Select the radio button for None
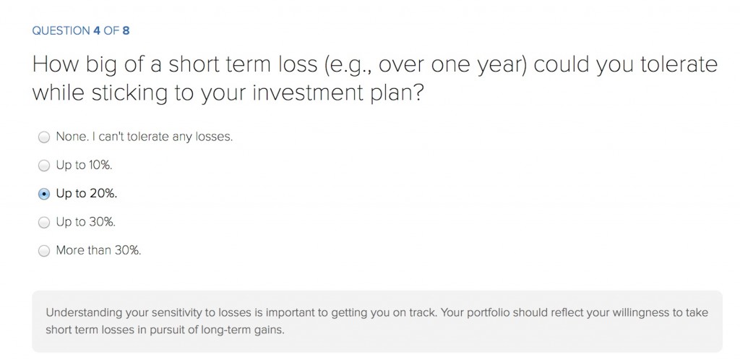44,137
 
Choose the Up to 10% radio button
44,166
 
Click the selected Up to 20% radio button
44,194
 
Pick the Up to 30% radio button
44,222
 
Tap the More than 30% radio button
44,251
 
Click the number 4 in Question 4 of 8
97,30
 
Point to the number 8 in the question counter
126,30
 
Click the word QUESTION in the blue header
61,30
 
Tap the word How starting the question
56,64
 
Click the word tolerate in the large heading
679,64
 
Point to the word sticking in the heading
129,93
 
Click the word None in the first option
66,137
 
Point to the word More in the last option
66,250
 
